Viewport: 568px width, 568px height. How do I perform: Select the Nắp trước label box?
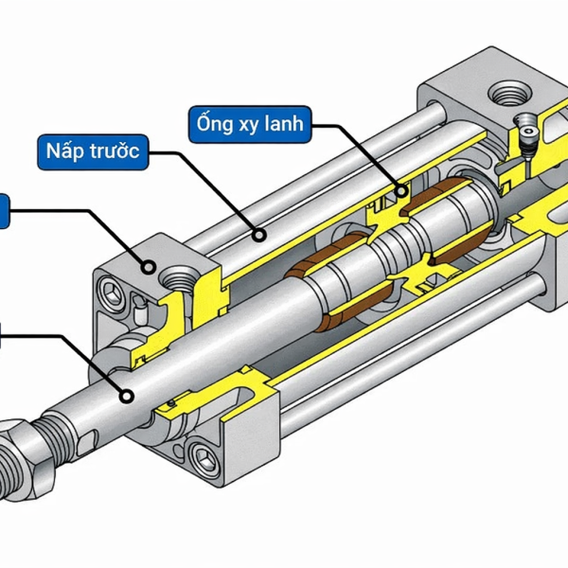pyautogui.click(x=93, y=152)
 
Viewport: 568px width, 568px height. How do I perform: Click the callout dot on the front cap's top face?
pyautogui.click(x=149, y=268)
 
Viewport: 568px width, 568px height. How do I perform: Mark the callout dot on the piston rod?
pyautogui.click(x=125, y=397)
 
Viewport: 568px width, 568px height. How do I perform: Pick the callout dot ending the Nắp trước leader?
pyautogui.click(x=257, y=230)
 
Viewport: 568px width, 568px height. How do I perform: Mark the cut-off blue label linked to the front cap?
pyautogui.click(x=4, y=211)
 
